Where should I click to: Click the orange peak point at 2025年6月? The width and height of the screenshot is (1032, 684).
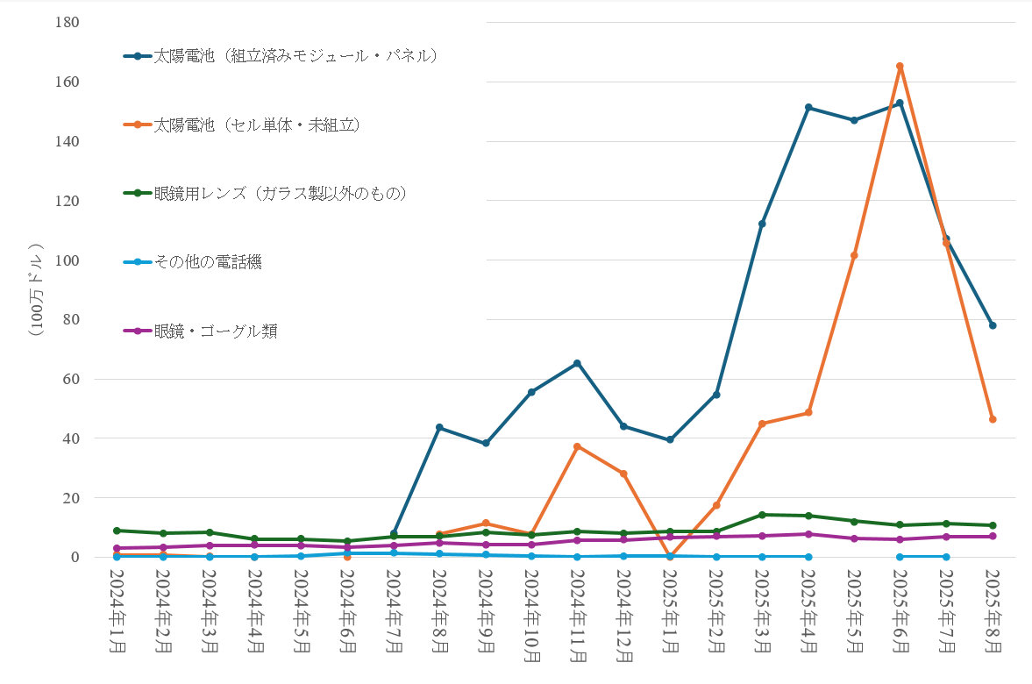pos(900,66)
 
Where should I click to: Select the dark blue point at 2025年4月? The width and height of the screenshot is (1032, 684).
pos(808,107)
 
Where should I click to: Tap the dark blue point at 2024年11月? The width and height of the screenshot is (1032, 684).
pos(577,363)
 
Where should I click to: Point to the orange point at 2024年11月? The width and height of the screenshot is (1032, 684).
pos(577,446)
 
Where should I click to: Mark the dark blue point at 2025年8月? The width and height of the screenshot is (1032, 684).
pos(993,325)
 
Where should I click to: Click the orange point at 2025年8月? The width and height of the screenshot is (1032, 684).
pos(993,419)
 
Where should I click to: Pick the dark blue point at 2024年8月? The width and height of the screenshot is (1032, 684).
pos(439,427)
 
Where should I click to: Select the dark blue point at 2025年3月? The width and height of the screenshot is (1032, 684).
pos(762,224)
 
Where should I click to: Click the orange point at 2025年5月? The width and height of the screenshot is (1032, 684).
pos(854,255)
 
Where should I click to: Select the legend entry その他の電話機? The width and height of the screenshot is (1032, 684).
pos(207,261)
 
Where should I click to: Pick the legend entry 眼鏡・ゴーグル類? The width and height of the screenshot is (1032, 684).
pos(216,331)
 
